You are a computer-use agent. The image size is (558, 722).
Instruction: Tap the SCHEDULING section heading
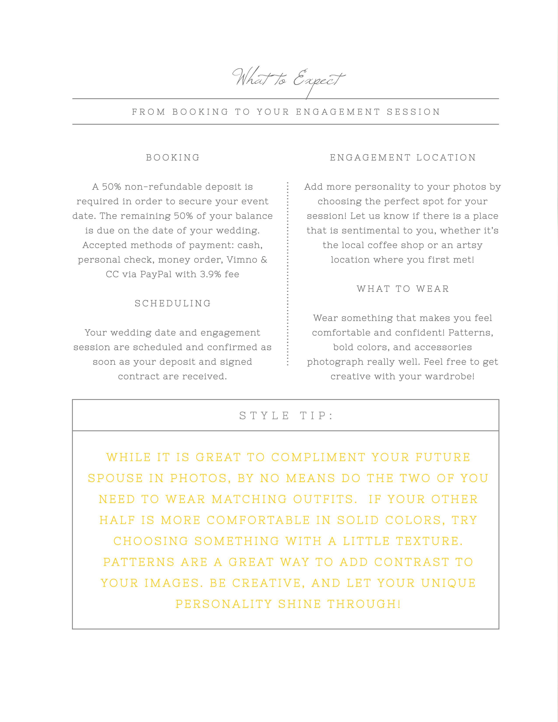(173, 303)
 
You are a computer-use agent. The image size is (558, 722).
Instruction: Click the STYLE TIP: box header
(286, 415)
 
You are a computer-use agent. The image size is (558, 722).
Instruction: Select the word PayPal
(156, 274)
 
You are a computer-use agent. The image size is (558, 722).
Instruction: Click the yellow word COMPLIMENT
(318, 457)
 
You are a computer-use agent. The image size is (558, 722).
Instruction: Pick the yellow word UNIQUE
(449, 583)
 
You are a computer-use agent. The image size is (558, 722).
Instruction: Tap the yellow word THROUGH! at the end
(364, 604)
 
